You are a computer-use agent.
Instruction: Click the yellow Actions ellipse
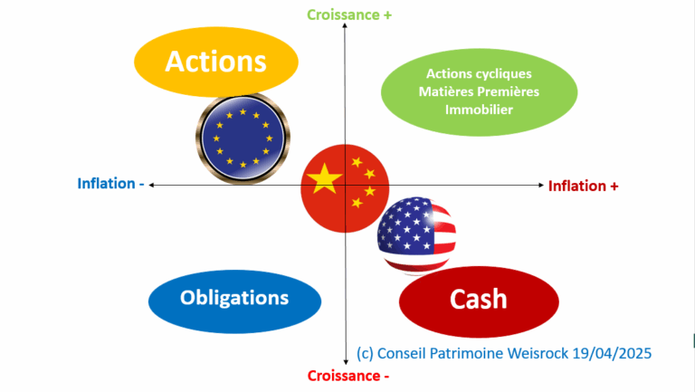[x=215, y=62]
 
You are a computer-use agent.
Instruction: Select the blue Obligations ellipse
[x=234, y=298]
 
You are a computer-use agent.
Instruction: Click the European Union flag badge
[x=243, y=139]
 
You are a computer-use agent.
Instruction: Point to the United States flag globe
[x=416, y=234]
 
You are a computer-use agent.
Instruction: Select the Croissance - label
[x=348, y=376]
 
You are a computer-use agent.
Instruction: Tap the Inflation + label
[x=584, y=186]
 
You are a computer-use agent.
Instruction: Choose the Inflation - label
[x=111, y=185]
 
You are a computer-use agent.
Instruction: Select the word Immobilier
[x=479, y=110]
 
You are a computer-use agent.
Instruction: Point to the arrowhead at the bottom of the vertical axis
[x=346, y=362]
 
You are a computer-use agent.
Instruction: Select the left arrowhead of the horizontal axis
[x=152, y=185]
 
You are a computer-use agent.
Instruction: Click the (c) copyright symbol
[x=366, y=353]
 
